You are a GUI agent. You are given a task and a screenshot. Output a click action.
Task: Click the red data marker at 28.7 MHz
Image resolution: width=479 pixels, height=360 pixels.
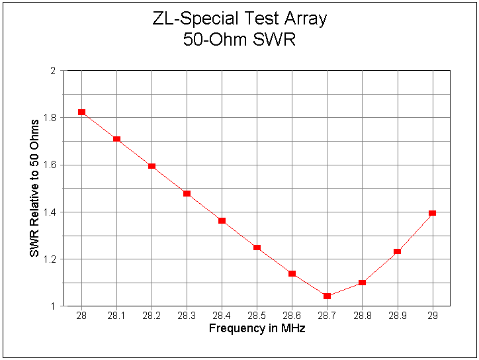click(x=327, y=296)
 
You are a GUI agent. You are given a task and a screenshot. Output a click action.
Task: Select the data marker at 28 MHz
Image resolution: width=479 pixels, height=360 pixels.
click(x=81, y=112)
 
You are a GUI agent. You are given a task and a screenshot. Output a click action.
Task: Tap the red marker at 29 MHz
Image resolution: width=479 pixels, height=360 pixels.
click(x=432, y=213)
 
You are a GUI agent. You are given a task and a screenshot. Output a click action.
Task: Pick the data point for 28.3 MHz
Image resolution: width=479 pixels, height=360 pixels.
click(x=187, y=193)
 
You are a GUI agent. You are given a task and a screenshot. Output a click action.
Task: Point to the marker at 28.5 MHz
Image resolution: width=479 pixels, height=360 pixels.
click(x=257, y=247)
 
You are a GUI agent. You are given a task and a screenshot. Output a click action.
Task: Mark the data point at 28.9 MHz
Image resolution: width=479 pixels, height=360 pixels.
click(x=397, y=251)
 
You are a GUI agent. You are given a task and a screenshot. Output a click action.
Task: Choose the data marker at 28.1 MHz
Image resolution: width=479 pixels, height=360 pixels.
click(x=116, y=139)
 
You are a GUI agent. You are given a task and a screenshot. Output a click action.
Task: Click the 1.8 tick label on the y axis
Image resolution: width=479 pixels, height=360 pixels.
click(x=51, y=118)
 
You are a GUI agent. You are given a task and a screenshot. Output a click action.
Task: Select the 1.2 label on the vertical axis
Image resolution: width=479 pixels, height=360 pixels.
click(x=51, y=259)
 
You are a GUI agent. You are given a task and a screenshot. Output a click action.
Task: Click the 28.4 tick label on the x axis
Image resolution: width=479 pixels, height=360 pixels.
click(x=222, y=317)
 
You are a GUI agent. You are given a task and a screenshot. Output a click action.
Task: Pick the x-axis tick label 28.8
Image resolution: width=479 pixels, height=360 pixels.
click(x=362, y=317)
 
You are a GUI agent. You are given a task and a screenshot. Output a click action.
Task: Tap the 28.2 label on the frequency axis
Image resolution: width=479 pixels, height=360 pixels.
click(x=152, y=317)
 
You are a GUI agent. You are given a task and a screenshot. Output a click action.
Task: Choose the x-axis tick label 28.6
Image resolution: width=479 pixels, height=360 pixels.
click(x=292, y=317)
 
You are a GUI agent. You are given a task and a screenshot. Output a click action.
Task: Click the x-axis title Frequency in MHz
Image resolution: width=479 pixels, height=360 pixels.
click(x=257, y=328)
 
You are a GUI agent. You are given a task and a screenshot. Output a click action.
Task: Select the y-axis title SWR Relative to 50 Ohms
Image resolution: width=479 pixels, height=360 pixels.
click(x=34, y=188)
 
